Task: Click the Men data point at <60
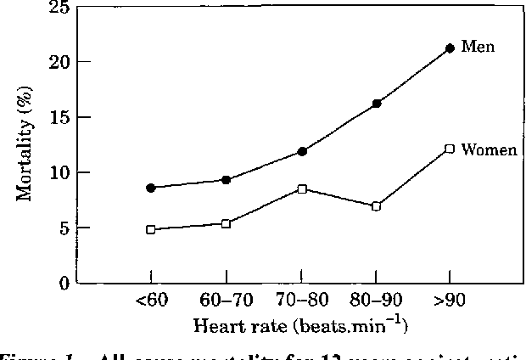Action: pyautogui.click(x=151, y=188)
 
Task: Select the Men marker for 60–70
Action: pyautogui.click(x=226, y=180)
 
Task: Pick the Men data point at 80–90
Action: pyautogui.click(x=376, y=104)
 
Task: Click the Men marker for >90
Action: pyautogui.click(x=450, y=48)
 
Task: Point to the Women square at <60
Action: pyautogui.click(x=151, y=229)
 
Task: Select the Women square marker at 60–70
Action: pyautogui.click(x=226, y=223)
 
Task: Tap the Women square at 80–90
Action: pyautogui.click(x=376, y=206)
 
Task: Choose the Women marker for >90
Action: pyautogui.click(x=450, y=149)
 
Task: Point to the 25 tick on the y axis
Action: pyautogui.click(x=59, y=8)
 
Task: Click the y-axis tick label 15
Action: pyautogui.click(x=59, y=117)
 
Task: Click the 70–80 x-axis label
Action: pyautogui.click(x=301, y=301)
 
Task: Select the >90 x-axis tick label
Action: pyautogui.click(x=450, y=301)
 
